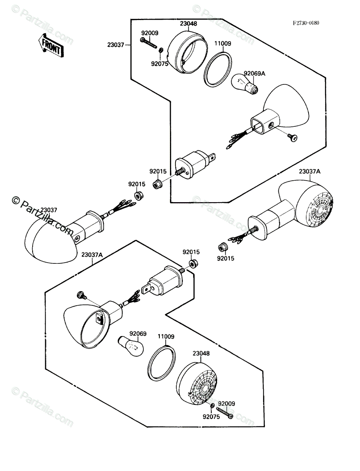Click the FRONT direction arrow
click(51, 46)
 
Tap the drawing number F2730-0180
click(306, 23)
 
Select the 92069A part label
click(254, 74)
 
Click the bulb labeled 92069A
click(244, 84)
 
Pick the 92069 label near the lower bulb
click(138, 334)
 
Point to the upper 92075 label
click(160, 64)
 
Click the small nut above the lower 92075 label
click(212, 405)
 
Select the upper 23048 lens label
click(188, 24)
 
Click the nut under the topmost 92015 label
click(157, 184)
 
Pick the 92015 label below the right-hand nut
click(225, 259)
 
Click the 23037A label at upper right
click(310, 172)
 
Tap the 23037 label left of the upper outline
click(116, 45)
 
